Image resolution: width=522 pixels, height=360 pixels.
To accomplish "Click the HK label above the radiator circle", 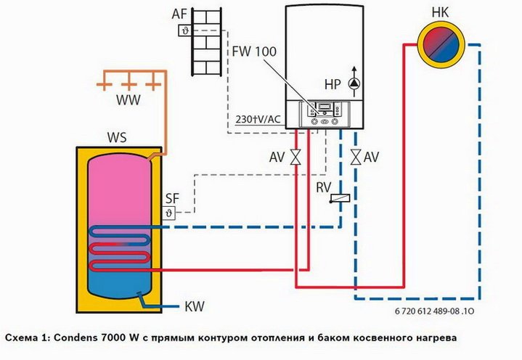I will pos(440,13).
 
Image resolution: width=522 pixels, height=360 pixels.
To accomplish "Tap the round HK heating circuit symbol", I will pos(439,44).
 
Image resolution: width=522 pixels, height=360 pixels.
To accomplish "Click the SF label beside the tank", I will pos(172,198).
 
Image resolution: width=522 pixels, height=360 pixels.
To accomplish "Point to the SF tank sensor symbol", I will pos(171,213).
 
